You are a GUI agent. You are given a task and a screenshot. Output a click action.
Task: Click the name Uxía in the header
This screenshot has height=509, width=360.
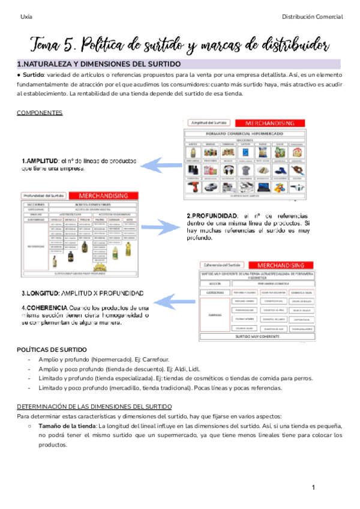[26, 16]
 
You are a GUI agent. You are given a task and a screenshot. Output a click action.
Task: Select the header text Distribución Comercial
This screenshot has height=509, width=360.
[312, 16]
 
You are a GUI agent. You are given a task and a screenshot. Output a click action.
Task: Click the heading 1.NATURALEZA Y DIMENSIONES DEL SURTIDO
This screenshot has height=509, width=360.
[99, 64]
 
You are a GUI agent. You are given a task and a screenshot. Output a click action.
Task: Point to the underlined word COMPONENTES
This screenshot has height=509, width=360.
[40, 113]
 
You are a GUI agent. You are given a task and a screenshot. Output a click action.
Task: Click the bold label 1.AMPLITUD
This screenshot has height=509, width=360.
[40, 161]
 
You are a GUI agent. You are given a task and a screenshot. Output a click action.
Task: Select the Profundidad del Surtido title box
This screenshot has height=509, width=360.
[43, 196]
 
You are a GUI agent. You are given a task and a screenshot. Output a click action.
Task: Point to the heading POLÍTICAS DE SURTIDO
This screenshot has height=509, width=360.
[52, 349]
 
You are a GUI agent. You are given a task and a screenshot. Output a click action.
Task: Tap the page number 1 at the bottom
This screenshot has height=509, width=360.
[313, 487]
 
